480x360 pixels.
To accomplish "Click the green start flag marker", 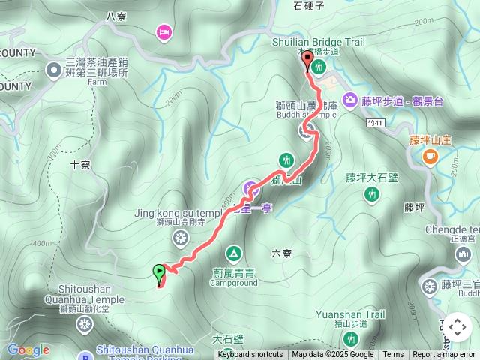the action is (159, 272).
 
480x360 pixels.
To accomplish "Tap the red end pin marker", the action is (307, 61).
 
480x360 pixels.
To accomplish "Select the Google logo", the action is (28, 349).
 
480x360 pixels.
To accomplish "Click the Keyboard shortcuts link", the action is (250, 355).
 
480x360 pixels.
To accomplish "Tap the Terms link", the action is (393, 355).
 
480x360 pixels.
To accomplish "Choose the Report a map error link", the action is (443, 355).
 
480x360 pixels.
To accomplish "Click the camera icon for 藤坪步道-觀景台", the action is (350, 100).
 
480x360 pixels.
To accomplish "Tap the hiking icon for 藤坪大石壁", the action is (371, 195).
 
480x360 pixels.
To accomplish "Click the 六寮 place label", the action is (282, 253).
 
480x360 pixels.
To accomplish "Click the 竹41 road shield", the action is (376, 123).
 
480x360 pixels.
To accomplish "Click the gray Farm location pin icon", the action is (54, 70).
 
